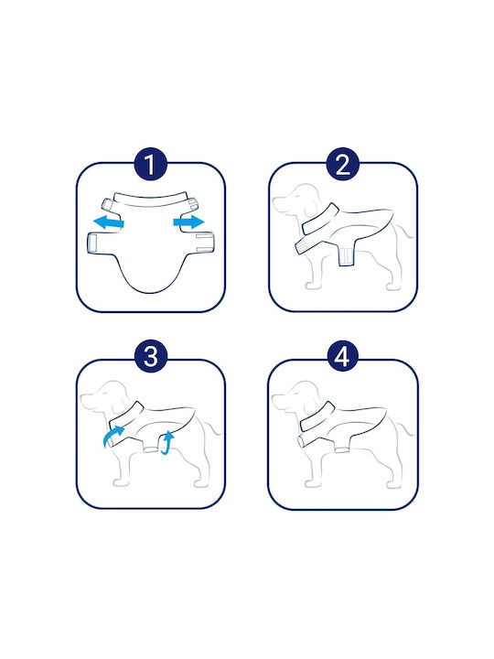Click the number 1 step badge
point(150,164)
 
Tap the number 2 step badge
point(343,164)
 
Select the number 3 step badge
point(151,356)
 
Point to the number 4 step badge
point(343,356)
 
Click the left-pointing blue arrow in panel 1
point(108,221)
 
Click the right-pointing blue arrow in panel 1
point(189,221)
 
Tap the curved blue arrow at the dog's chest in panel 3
point(113,437)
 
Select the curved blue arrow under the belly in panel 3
point(167,443)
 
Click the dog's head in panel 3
point(102,396)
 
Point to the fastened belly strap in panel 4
point(342,449)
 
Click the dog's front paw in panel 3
point(120,483)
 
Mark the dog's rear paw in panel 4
point(392,484)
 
